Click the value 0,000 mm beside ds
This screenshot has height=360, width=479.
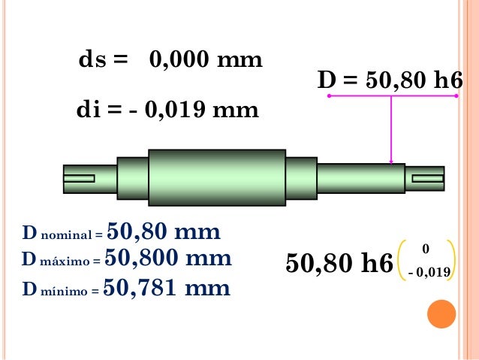click(206, 59)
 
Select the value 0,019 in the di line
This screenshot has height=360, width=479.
click(175, 110)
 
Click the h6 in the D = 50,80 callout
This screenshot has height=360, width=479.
click(449, 80)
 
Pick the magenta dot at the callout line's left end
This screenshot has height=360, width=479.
click(329, 95)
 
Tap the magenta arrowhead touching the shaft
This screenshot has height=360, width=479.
click(391, 162)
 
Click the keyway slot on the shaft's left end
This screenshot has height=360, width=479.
click(79, 178)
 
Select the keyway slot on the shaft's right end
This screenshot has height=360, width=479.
click(428, 178)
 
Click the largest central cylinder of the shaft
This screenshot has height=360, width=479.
click(217, 177)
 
